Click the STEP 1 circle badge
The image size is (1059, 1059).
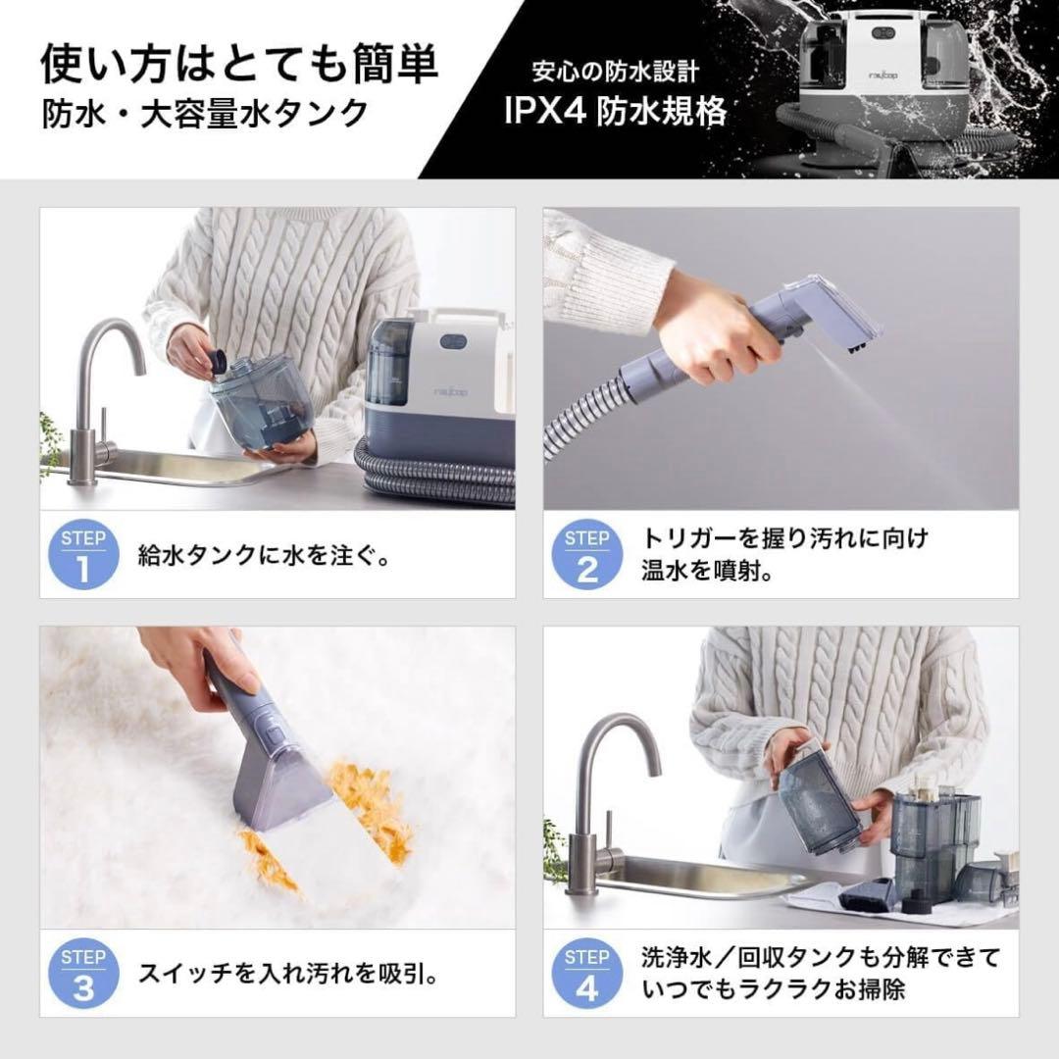point(83,556)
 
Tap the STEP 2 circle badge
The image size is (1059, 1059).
point(587,556)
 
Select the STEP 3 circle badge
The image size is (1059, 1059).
point(83,975)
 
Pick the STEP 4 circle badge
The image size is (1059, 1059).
point(587,975)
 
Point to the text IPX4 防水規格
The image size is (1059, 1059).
point(616,111)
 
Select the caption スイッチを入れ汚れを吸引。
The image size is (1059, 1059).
point(287,975)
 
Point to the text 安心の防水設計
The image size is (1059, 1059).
point(615,72)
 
